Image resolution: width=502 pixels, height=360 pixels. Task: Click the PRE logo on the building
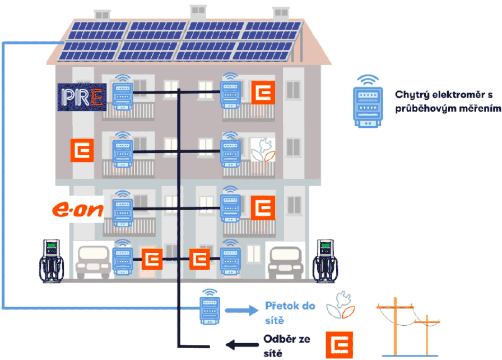[x=82, y=96]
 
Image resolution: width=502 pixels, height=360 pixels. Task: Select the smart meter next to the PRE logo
[x=122, y=94]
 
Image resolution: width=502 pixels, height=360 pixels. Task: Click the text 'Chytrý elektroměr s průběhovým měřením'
[x=447, y=101]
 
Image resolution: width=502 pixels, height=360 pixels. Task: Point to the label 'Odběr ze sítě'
[x=285, y=346]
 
